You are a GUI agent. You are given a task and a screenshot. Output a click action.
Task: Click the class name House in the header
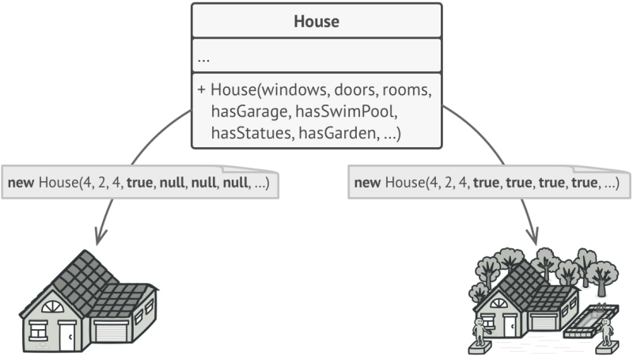[x=316, y=22]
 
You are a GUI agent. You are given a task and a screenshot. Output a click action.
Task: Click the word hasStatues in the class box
[x=250, y=134]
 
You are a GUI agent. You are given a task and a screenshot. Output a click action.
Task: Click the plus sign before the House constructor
[x=201, y=91]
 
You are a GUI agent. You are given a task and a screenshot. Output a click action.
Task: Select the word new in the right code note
[x=366, y=184]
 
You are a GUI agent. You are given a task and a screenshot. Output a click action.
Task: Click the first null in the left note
[x=176, y=184]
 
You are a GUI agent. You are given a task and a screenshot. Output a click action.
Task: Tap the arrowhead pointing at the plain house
[x=100, y=237]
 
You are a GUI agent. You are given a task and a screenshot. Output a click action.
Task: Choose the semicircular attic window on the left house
[x=53, y=307]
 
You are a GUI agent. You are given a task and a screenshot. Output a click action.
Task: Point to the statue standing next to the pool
[x=607, y=332]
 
